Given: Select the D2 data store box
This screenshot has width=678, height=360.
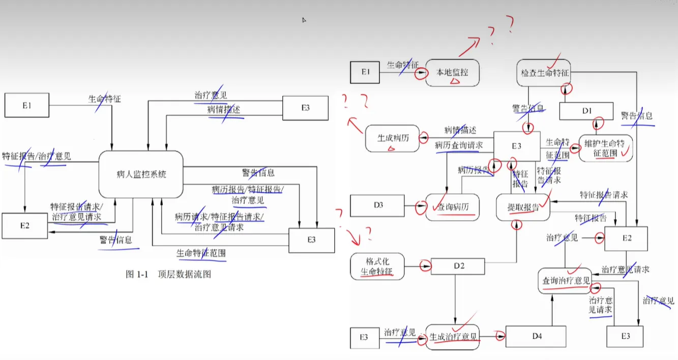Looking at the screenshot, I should pos(458,266).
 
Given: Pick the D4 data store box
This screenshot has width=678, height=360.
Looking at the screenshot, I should pos(536,337).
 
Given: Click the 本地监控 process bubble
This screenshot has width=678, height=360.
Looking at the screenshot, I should pos(452,73).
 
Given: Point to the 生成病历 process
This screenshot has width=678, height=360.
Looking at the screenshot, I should pos(393,138).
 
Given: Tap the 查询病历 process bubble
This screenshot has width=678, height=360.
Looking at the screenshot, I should pos(453,207).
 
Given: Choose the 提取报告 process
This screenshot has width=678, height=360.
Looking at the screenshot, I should pos(523,207).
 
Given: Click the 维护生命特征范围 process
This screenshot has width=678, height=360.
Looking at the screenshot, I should pos(605,147).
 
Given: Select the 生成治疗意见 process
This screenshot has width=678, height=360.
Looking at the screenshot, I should pos(453,337).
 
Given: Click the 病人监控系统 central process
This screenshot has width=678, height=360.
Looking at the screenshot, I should pos(141,174).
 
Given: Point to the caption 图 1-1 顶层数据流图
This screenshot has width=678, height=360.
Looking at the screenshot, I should pos(168,275).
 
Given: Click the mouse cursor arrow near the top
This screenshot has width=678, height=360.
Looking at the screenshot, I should pos(304,20).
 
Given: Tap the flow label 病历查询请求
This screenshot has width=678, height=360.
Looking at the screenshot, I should pos(458,145).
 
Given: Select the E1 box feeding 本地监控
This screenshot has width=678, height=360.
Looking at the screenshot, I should pos(365,72).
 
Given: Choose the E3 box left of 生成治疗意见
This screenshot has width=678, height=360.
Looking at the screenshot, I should pos(364,338).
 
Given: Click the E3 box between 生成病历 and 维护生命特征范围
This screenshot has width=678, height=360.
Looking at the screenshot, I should pos(517,146).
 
